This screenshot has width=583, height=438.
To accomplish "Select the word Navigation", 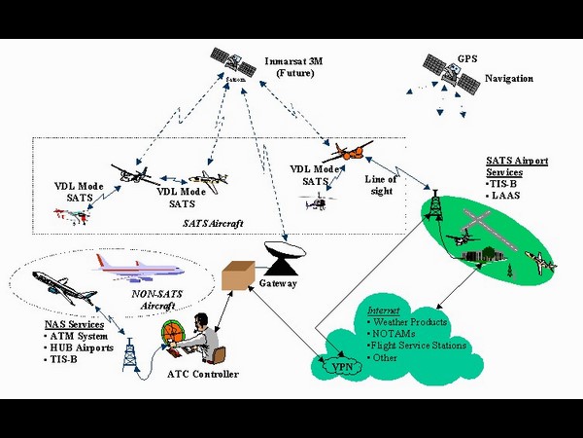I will [509, 78].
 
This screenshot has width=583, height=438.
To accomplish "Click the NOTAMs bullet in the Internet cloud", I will [394, 334].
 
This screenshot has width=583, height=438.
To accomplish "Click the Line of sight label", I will [381, 185].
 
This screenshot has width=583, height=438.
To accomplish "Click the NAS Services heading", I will [72, 324].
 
